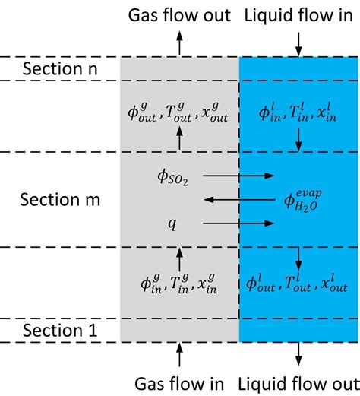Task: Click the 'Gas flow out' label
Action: click(x=179, y=16)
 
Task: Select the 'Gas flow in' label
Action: click(x=179, y=379)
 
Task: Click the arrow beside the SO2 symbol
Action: click(x=246, y=176)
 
